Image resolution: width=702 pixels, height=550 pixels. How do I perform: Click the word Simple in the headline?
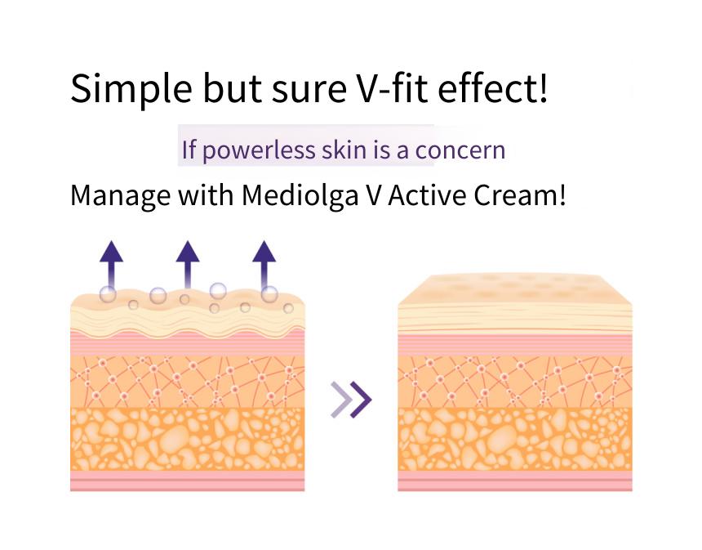131,89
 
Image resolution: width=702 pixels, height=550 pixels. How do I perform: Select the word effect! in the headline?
492,87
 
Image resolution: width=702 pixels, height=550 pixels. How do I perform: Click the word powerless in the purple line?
259,150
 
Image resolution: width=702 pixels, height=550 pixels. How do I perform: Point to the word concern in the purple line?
460,150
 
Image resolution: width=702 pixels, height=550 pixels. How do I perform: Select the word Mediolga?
300,196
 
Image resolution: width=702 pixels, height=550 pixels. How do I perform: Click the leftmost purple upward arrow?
111,266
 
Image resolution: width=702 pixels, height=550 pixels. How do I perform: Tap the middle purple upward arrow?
188,265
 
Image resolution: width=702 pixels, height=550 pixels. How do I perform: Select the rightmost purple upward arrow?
264,266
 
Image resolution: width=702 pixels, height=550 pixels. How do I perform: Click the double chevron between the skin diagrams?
351,400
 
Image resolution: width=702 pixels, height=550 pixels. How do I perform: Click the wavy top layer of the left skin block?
188,315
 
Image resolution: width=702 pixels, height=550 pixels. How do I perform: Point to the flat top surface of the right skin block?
515,289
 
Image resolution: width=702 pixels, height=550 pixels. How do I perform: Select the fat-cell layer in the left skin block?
188,439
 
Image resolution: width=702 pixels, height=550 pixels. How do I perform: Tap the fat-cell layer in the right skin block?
515,439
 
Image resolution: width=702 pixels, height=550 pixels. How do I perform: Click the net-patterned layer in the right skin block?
515,382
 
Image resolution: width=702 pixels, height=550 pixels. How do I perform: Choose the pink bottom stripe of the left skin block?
188,481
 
